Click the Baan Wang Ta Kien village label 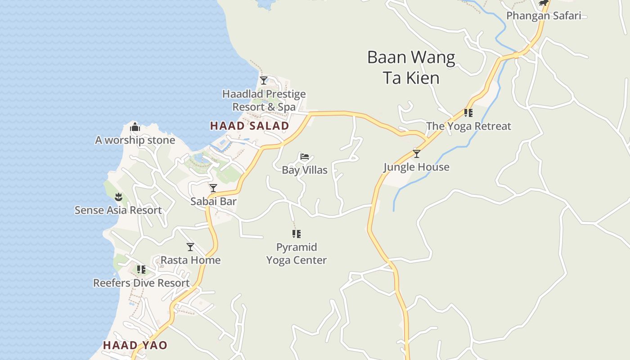tap(411, 67)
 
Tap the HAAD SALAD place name tap(249, 126)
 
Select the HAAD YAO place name tap(135, 346)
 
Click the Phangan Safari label tap(544, 16)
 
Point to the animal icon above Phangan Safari tap(544, 3)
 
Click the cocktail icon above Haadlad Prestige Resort tap(264, 81)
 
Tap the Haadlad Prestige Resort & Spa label tap(264, 100)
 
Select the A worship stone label tap(135, 140)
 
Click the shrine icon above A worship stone tap(135, 127)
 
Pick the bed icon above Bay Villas tap(305, 157)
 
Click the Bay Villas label tap(305, 170)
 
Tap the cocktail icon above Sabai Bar tap(213, 188)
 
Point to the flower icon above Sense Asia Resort tap(118, 197)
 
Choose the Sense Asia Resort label tap(118, 210)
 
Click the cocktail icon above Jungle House tap(417, 154)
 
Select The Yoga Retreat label tap(468, 126)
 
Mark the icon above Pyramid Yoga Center tap(296, 234)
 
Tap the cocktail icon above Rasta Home tap(190, 247)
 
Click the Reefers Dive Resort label tap(141, 283)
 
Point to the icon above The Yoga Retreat tap(468, 112)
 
